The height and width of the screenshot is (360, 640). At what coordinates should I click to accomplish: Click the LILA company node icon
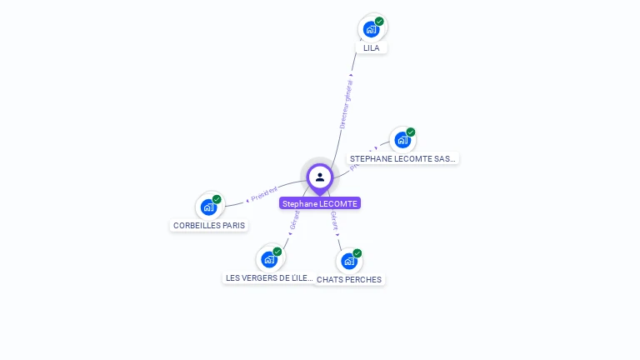click(x=372, y=29)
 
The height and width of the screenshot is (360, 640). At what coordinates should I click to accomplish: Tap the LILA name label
click(x=372, y=48)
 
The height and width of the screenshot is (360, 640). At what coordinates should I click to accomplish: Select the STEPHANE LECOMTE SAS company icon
click(x=402, y=140)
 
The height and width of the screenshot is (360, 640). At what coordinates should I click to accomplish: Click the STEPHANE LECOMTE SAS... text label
click(x=402, y=158)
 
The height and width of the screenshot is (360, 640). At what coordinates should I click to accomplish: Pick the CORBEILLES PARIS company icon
click(x=208, y=207)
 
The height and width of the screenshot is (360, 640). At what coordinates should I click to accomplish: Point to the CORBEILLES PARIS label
click(x=209, y=225)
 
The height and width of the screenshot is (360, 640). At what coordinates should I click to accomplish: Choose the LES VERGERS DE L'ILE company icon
click(x=269, y=259)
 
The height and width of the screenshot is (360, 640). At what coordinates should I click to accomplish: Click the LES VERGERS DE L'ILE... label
click(x=270, y=277)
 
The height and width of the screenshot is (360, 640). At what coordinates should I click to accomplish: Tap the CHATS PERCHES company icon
click(x=349, y=261)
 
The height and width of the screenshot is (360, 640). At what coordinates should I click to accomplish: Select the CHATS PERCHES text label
click(x=349, y=279)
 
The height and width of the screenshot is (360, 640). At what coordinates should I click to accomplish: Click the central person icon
click(x=320, y=177)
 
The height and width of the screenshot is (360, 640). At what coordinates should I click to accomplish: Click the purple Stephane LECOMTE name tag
click(x=320, y=203)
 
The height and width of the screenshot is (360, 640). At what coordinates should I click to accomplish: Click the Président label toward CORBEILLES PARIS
click(x=264, y=194)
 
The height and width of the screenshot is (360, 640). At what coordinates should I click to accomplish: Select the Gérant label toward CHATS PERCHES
click(x=334, y=220)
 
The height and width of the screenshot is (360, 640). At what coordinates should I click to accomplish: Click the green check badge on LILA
click(x=379, y=22)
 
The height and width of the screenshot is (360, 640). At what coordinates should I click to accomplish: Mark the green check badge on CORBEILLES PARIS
click(x=217, y=199)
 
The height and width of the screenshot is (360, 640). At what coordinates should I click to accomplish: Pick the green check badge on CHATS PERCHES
click(x=357, y=253)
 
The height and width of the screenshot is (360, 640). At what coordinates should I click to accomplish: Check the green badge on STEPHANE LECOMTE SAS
click(x=411, y=132)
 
